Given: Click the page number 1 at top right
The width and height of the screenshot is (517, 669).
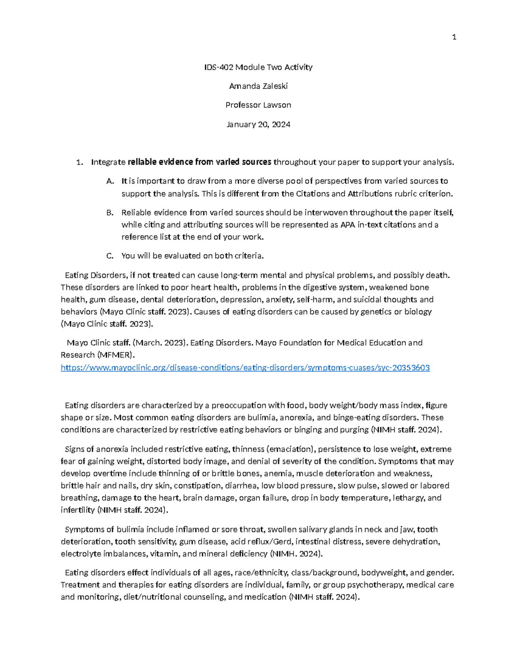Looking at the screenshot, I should pos(454,37).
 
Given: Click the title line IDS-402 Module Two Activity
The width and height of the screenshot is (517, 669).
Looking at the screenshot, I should pos(258,67).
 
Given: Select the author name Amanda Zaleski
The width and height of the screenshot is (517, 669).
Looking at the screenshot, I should pos(258,86).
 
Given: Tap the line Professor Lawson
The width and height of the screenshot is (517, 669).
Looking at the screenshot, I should pos(258,105).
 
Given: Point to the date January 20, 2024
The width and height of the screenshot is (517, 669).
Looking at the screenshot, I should pos(258,124).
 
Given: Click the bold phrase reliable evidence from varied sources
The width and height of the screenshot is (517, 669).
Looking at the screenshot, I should pos(200,162).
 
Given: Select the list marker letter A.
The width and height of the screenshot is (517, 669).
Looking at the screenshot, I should pos(110,181).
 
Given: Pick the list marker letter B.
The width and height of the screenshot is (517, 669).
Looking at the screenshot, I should pos(110,213).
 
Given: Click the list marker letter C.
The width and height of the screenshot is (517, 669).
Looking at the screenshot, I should pos(110,256).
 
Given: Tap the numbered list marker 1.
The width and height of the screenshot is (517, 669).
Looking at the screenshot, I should pos(79,162).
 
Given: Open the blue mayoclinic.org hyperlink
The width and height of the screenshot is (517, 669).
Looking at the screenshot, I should pos(245,368).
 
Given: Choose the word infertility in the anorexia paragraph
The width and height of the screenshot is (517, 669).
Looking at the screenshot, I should pos(78,510).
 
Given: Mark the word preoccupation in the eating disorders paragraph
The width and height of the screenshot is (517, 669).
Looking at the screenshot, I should pos(239,405).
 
